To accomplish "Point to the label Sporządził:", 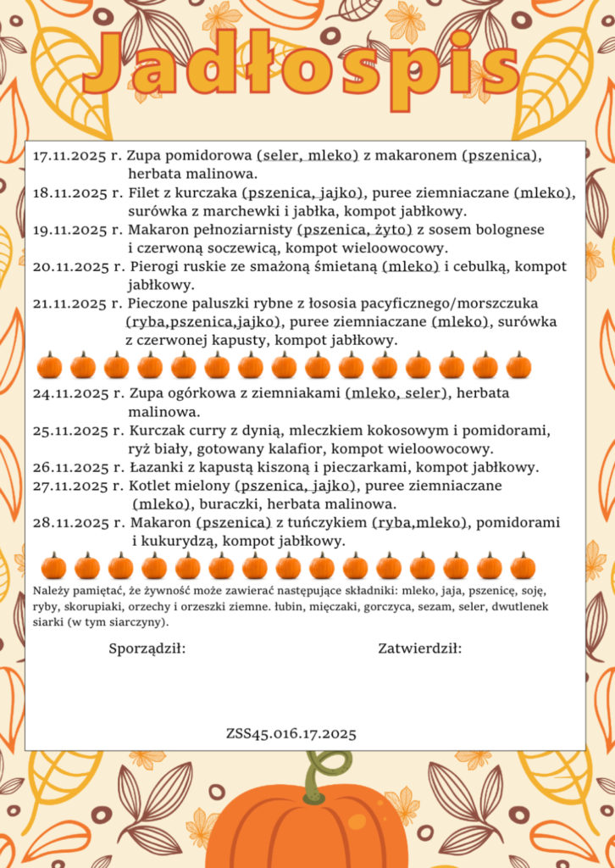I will (147, 649).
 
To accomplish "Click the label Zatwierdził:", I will (419, 649).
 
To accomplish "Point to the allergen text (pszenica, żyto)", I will (355, 230).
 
